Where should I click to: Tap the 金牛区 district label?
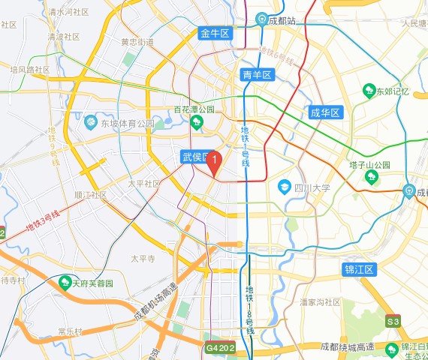pyautogui.click(x=215, y=33)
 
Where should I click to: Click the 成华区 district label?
pyautogui.click(x=325, y=113)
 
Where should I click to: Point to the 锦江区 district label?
pyautogui.click(x=358, y=269)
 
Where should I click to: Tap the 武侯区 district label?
pyautogui.click(x=195, y=157)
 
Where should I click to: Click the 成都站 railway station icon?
pyautogui.click(x=262, y=19)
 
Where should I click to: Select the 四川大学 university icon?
pyautogui.click(x=285, y=186)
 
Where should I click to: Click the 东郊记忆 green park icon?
pyautogui.click(x=369, y=91)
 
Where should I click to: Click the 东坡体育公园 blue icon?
pyautogui.click(x=91, y=122)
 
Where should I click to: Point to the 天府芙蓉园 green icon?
pyautogui.click(x=64, y=283)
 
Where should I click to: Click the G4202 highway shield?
pyautogui.click(x=221, y=348)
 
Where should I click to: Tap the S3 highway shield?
pyautogui.click(x=393, y=322)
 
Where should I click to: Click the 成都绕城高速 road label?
pyautogui.click(x=347, y=346)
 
